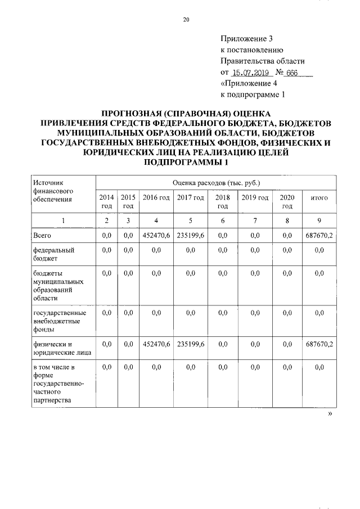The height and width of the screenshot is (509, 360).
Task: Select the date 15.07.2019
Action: coord(251,73)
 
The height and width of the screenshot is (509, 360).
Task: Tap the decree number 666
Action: coord(291,73)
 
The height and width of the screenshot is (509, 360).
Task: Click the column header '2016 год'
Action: coord(156,197)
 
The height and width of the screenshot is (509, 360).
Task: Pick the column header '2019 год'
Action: coord(255,197)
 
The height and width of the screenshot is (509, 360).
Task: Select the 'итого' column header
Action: coord(319,197)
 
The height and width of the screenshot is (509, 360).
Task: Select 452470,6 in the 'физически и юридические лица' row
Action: coord(156,344)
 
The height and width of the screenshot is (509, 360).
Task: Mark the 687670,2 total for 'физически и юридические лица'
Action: coord(319,344)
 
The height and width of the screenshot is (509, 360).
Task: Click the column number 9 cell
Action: coord(319,220)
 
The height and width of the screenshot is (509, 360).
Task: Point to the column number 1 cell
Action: coord(63,220)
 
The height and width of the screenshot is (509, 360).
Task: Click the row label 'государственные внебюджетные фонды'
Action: coord(59,321)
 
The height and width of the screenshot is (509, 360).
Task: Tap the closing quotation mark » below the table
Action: coord(330,413)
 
